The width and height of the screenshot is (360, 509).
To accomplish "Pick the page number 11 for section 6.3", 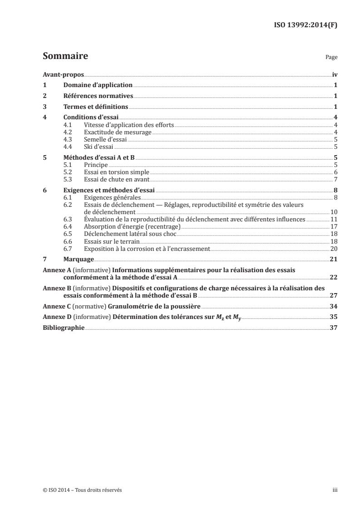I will point(333,219).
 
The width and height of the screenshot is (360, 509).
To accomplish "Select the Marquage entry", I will point(79,259).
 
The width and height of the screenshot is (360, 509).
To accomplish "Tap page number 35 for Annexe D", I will point(333,317).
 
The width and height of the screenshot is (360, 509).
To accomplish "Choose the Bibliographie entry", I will point(63,328).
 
